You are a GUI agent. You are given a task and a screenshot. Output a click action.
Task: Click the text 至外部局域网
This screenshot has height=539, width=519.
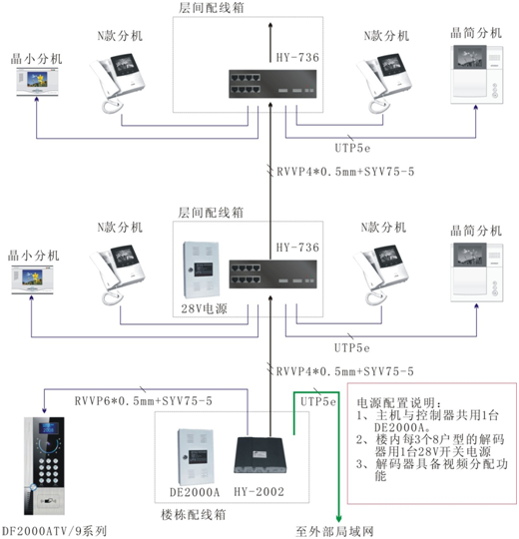[x=341, y=531]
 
